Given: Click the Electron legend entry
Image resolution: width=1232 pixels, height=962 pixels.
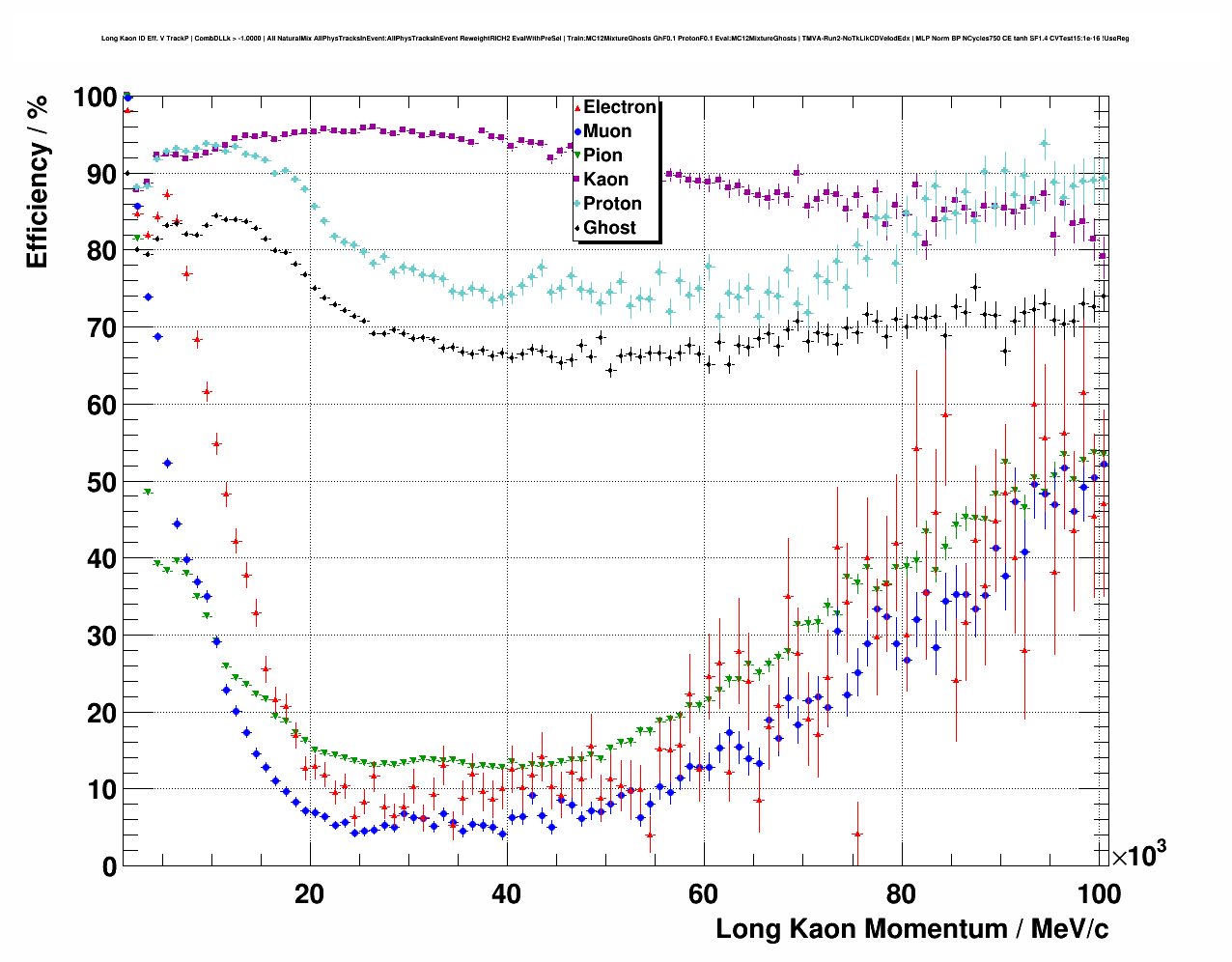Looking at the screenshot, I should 619,107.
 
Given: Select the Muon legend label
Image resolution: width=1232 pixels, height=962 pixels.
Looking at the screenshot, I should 607,131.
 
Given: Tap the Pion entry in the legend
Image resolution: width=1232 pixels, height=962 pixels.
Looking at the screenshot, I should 602,156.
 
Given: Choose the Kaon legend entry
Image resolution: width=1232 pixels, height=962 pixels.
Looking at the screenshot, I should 605,180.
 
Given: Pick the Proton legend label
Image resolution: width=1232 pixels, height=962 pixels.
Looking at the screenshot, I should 612,204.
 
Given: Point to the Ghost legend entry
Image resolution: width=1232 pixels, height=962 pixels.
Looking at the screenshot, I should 609,228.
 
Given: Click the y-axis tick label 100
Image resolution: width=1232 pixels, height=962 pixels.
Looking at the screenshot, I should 94,98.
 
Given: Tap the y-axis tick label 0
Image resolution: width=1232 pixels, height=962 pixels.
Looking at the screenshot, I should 109,866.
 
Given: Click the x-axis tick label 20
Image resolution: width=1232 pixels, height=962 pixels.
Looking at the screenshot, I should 309,894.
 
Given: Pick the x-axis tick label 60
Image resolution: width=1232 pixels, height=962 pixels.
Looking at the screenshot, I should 704,894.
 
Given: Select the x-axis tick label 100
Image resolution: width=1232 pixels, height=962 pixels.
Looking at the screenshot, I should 1098,894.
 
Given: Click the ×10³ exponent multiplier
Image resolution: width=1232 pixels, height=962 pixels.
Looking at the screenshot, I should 1138,856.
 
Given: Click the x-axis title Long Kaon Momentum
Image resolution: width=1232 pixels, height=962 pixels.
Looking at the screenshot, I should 911,929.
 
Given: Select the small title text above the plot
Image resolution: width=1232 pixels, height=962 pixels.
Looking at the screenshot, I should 615,39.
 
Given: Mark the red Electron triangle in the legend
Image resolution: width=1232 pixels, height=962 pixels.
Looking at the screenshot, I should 577,107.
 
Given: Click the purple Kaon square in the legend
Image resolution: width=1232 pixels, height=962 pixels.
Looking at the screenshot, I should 577,180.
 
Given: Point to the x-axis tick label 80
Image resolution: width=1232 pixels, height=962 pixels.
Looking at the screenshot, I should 901,894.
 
